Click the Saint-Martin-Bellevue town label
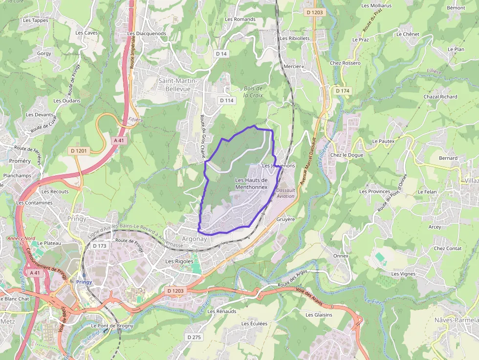click(x=177, y=85)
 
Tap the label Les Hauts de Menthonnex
click(x=251, y=183)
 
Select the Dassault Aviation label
click(x=285, y=193)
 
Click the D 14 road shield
click(x=221, y=53)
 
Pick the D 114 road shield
click(x=227, y=100)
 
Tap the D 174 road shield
click(x=343, y=91)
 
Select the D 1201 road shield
click(x=78, y=151)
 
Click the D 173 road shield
click(x=99, y=246)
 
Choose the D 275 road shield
click(x=194, y=337)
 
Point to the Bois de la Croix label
click(x=253, y=92)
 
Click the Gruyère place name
click(x=286, y=219)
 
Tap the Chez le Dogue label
click(x=347, y=155)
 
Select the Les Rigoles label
click(x=179, y=261)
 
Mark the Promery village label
click(x=20, y=161)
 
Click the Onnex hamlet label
click(x=341, y=255)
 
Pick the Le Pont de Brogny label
click(x=112, y=326)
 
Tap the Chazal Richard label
click(x=440, y=97)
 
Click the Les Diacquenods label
click(x=147, y=34)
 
